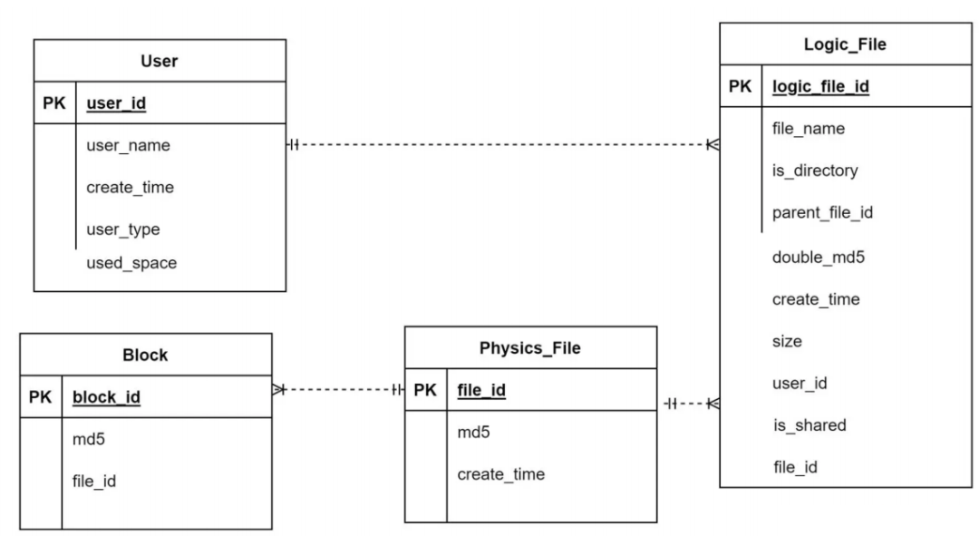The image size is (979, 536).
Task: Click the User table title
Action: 160,62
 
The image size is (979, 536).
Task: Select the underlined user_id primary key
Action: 116,103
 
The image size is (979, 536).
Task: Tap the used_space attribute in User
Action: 131,263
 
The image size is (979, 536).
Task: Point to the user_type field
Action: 123,229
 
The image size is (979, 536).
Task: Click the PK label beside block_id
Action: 40,396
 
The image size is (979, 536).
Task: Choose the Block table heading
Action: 145,355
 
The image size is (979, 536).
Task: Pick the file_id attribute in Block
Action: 94,481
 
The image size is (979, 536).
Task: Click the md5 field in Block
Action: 89,439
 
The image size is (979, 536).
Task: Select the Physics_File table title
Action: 530,348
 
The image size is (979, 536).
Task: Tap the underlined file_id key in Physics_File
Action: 481,390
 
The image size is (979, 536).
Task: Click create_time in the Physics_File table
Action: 500,474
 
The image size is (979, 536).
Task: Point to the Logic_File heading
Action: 845,44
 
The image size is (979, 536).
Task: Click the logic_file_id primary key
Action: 820,86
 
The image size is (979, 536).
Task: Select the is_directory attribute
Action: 815,171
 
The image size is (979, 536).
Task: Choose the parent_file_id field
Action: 822,212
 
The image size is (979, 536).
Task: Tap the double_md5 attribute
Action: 818,258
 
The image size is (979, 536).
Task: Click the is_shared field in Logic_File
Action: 809,425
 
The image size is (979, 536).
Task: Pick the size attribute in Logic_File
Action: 787,342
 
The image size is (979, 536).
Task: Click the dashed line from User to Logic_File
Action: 502,145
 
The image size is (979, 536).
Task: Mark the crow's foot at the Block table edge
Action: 279,390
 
